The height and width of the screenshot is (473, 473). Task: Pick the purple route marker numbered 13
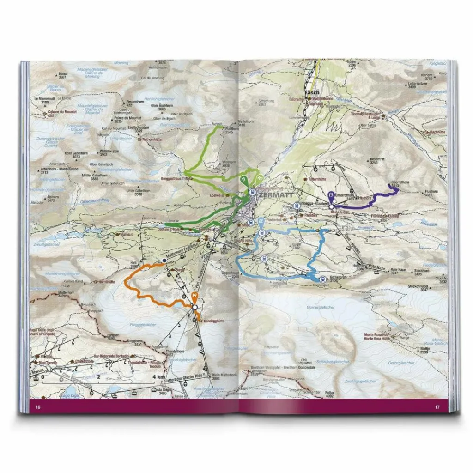pos(331,196)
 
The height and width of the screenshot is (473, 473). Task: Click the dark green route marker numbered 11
pos(243,179)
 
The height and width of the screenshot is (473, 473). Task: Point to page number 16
pos(38,407)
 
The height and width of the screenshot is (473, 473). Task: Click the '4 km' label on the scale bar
pos(158,376)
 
